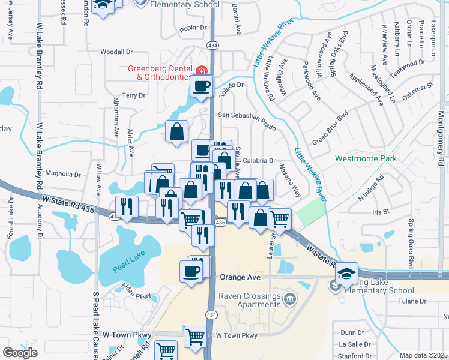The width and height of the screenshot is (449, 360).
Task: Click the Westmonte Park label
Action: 366,159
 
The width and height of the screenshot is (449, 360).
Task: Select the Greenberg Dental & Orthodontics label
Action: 158,73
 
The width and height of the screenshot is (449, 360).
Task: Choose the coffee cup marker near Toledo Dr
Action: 201,87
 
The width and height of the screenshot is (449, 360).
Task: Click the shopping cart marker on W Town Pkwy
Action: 195,337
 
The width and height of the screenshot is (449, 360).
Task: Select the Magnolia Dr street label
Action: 63,175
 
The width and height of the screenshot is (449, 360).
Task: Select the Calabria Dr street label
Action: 259,161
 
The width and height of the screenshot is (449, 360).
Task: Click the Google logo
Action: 20,352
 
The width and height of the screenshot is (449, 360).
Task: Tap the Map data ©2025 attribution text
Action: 424,355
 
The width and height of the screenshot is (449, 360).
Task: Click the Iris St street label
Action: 381,212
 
